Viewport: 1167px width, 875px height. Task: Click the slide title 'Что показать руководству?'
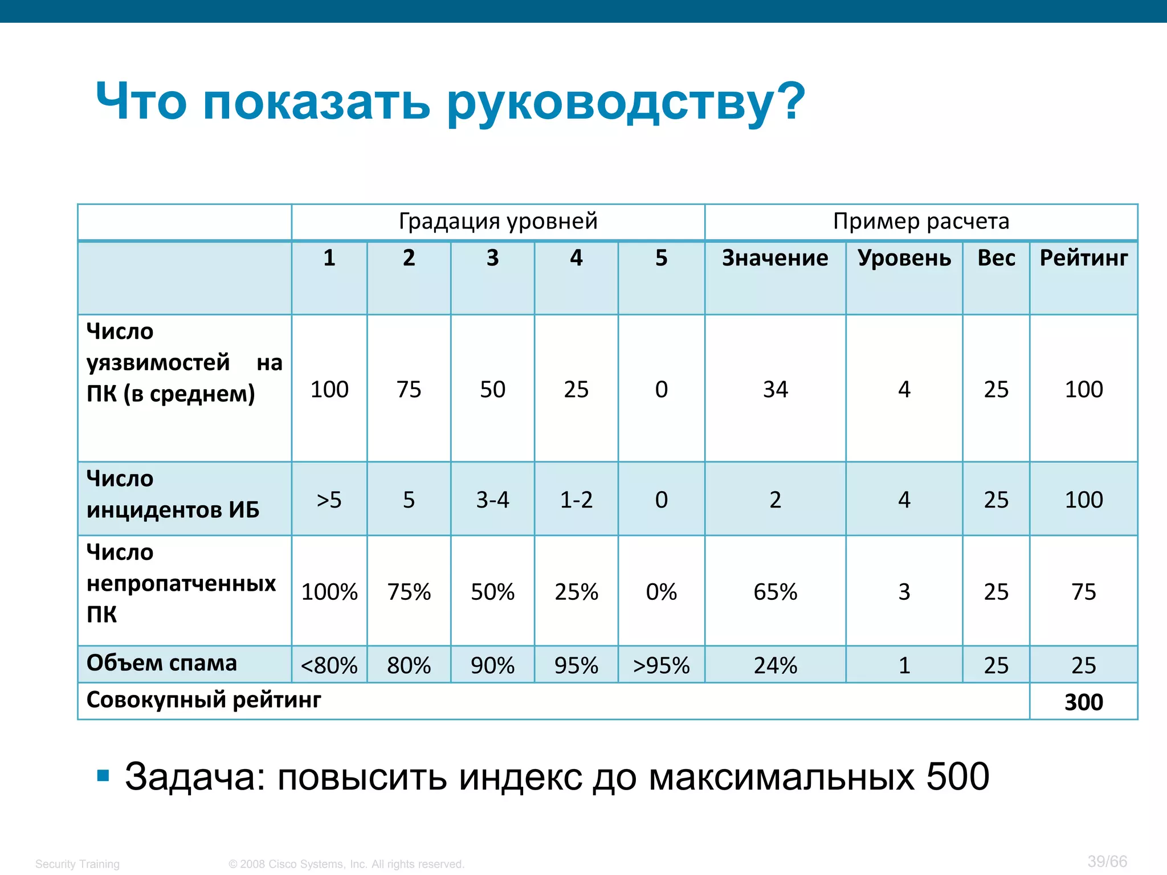point(450,101)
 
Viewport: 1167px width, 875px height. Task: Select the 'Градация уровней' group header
point(498,221)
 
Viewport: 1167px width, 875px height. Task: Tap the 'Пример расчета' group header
point(921,221)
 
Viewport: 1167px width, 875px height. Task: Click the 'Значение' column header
point(775,258)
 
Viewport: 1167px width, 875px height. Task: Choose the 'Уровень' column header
point(904,258)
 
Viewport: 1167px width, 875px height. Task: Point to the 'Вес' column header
point(996,258)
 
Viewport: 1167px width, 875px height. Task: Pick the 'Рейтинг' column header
point(1083,258)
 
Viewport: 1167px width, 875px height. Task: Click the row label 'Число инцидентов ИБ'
point(173,494)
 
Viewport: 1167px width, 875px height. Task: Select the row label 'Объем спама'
point(161,663)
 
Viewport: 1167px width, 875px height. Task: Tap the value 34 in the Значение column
point(775,390)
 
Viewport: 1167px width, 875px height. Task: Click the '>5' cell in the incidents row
point(329,500)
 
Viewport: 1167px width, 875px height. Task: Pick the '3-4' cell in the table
point(492,500)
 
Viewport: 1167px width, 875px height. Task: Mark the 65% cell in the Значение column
point(775,592)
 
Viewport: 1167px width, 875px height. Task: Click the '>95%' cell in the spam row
point(661,665)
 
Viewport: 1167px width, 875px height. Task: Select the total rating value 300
point(1083,702)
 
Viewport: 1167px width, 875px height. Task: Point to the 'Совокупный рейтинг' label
point(203,700)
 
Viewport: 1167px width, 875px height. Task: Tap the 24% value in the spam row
point(775,665)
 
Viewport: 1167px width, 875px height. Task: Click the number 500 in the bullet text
point(957,776)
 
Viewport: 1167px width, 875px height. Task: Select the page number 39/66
point(1107,861)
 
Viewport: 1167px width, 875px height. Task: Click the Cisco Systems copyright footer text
point(346,864)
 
